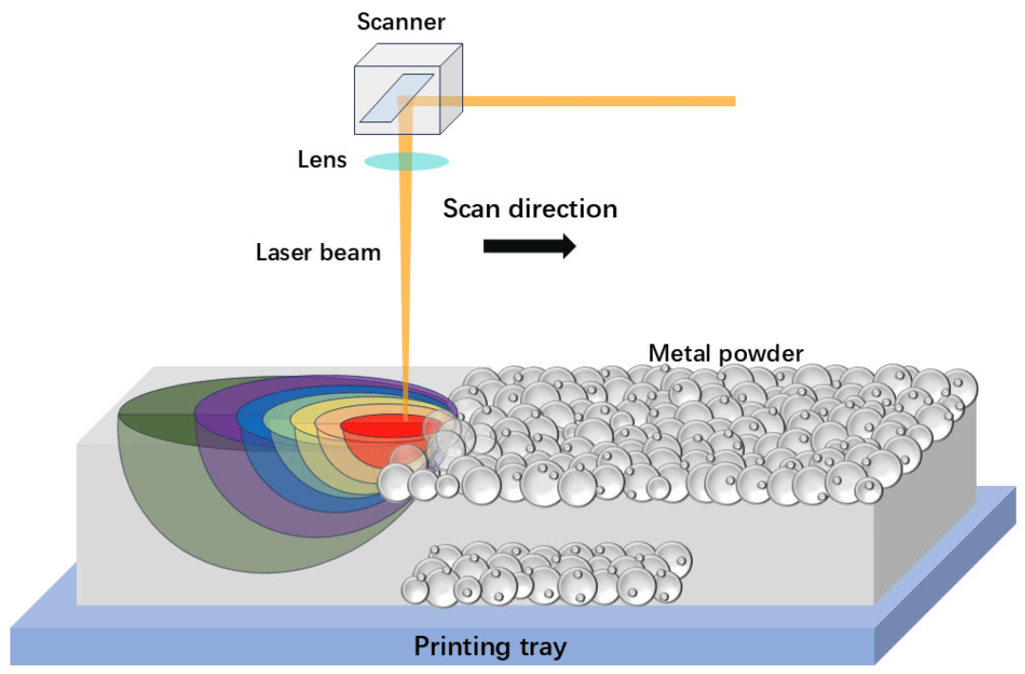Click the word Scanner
[x=401, y=21]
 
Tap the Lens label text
[x=322, y=159]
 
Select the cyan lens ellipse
[x=406, y=161]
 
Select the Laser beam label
[x=318, y=253]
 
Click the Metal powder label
[x=725, y=353]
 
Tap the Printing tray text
[x=490, y=647]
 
